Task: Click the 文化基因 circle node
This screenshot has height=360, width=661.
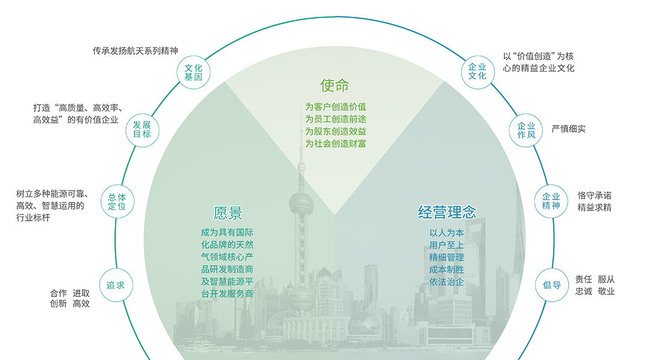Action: pos(193,73)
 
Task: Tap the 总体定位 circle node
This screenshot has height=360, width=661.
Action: pos(117,201)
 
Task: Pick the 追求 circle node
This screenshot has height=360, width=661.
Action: pos(115,285)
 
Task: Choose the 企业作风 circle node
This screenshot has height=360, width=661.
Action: pos(526,130)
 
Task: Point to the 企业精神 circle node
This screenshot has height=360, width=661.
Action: pos(551,201)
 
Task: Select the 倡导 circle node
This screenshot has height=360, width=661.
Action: pos(552,285)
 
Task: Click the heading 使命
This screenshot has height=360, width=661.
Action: pos(335,86)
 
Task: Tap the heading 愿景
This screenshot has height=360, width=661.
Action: pos(228,213)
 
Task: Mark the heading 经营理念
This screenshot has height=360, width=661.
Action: pos(447,212)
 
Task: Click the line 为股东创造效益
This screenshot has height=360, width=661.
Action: pos(336,132)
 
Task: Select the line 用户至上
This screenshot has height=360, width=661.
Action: pos(446,245)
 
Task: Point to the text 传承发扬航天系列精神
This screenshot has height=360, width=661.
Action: pos(135,51)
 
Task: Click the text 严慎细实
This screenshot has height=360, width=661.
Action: pos(568,129)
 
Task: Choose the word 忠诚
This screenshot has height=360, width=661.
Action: pos(583,291)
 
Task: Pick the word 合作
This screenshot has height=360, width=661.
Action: pos(58,294)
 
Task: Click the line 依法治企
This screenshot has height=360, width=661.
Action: pos(446,281)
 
